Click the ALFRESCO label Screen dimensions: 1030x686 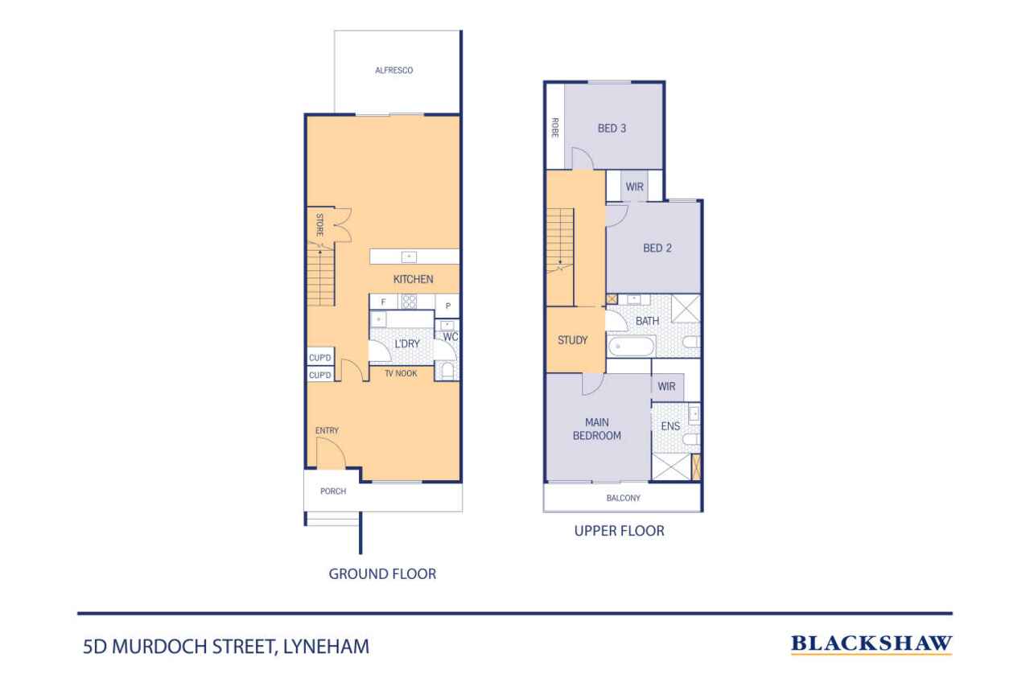click(x=393, y=70)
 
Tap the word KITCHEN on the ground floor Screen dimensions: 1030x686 click(x=413, y=279)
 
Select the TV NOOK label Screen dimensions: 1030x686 click(x=401, y=373)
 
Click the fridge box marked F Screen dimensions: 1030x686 click(x=384, y=302)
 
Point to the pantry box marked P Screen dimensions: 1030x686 click(x=447, y=306)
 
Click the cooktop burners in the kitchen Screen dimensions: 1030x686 click(x=410, y=302)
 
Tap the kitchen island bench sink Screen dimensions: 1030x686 click(x=409, y=257)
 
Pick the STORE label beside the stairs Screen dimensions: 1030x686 click(x=319, y=224)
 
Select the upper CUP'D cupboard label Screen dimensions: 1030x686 click(x=320, y=357)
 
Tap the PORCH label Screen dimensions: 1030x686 click(x=333, y=491)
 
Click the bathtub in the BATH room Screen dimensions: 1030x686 click(x=632, y=347)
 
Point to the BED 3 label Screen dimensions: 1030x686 click(x=612, y=128)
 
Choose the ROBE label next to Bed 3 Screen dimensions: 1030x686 click(x=555, y=127)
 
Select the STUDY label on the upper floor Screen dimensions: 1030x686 click(x=572, y=340)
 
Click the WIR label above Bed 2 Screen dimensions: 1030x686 click(x=635, y=187)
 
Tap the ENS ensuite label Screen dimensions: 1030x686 click(x=670, y=426)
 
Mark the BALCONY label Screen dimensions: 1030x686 click(x=623, y=498)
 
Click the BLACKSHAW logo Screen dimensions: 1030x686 click(x=871, y=643)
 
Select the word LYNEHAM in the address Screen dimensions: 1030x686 click(x=326, y=647)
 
